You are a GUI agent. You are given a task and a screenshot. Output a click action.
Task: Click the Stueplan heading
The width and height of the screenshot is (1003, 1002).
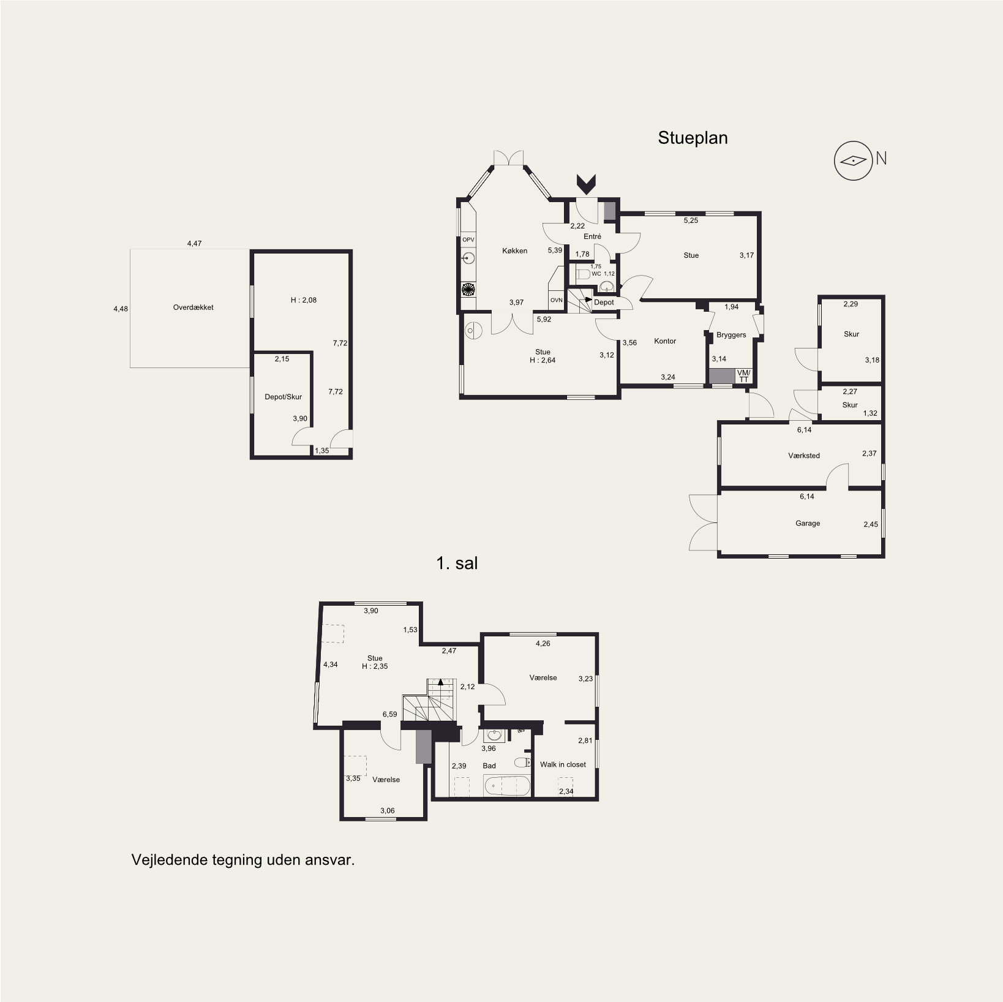click(693, 138)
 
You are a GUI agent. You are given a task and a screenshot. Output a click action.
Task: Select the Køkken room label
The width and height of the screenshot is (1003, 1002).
click(514, 250)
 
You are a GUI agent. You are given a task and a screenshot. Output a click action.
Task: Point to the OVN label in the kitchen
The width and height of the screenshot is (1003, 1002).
click(556, 300)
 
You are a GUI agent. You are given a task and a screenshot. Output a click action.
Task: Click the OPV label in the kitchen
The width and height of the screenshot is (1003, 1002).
click(468, 240)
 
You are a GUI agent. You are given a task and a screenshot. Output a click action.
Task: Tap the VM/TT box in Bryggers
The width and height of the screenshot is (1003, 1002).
click(743, 376)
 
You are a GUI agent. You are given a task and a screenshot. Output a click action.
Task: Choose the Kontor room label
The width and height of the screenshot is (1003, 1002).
click(665, 341)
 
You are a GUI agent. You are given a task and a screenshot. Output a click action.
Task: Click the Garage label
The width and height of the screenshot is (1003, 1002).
click(808, 524)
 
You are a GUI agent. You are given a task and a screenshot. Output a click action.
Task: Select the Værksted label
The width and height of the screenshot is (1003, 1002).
click(804, 456)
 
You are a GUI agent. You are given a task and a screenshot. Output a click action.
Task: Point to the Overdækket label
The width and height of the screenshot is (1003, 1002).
click(193, 307)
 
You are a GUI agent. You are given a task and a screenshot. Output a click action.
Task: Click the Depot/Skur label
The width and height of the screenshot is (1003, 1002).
click(283, 397)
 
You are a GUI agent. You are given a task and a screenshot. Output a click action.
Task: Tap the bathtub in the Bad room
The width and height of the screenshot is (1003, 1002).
click(506, 786)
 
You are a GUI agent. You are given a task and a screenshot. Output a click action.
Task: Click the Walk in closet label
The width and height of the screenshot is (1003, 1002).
click(563, 764)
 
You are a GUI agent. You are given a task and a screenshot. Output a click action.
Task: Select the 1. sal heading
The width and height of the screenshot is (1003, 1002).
click(457, 563)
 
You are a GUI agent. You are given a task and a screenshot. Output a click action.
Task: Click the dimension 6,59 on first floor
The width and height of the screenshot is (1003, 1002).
click(390, 714)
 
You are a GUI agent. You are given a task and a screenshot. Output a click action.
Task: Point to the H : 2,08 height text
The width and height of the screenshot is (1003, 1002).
click(304, 300)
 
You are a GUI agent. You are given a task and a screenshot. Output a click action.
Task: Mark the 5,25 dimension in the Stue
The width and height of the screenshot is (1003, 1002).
click(691, 220)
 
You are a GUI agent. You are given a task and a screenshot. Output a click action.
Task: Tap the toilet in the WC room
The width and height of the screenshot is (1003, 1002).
click(582, 274)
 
